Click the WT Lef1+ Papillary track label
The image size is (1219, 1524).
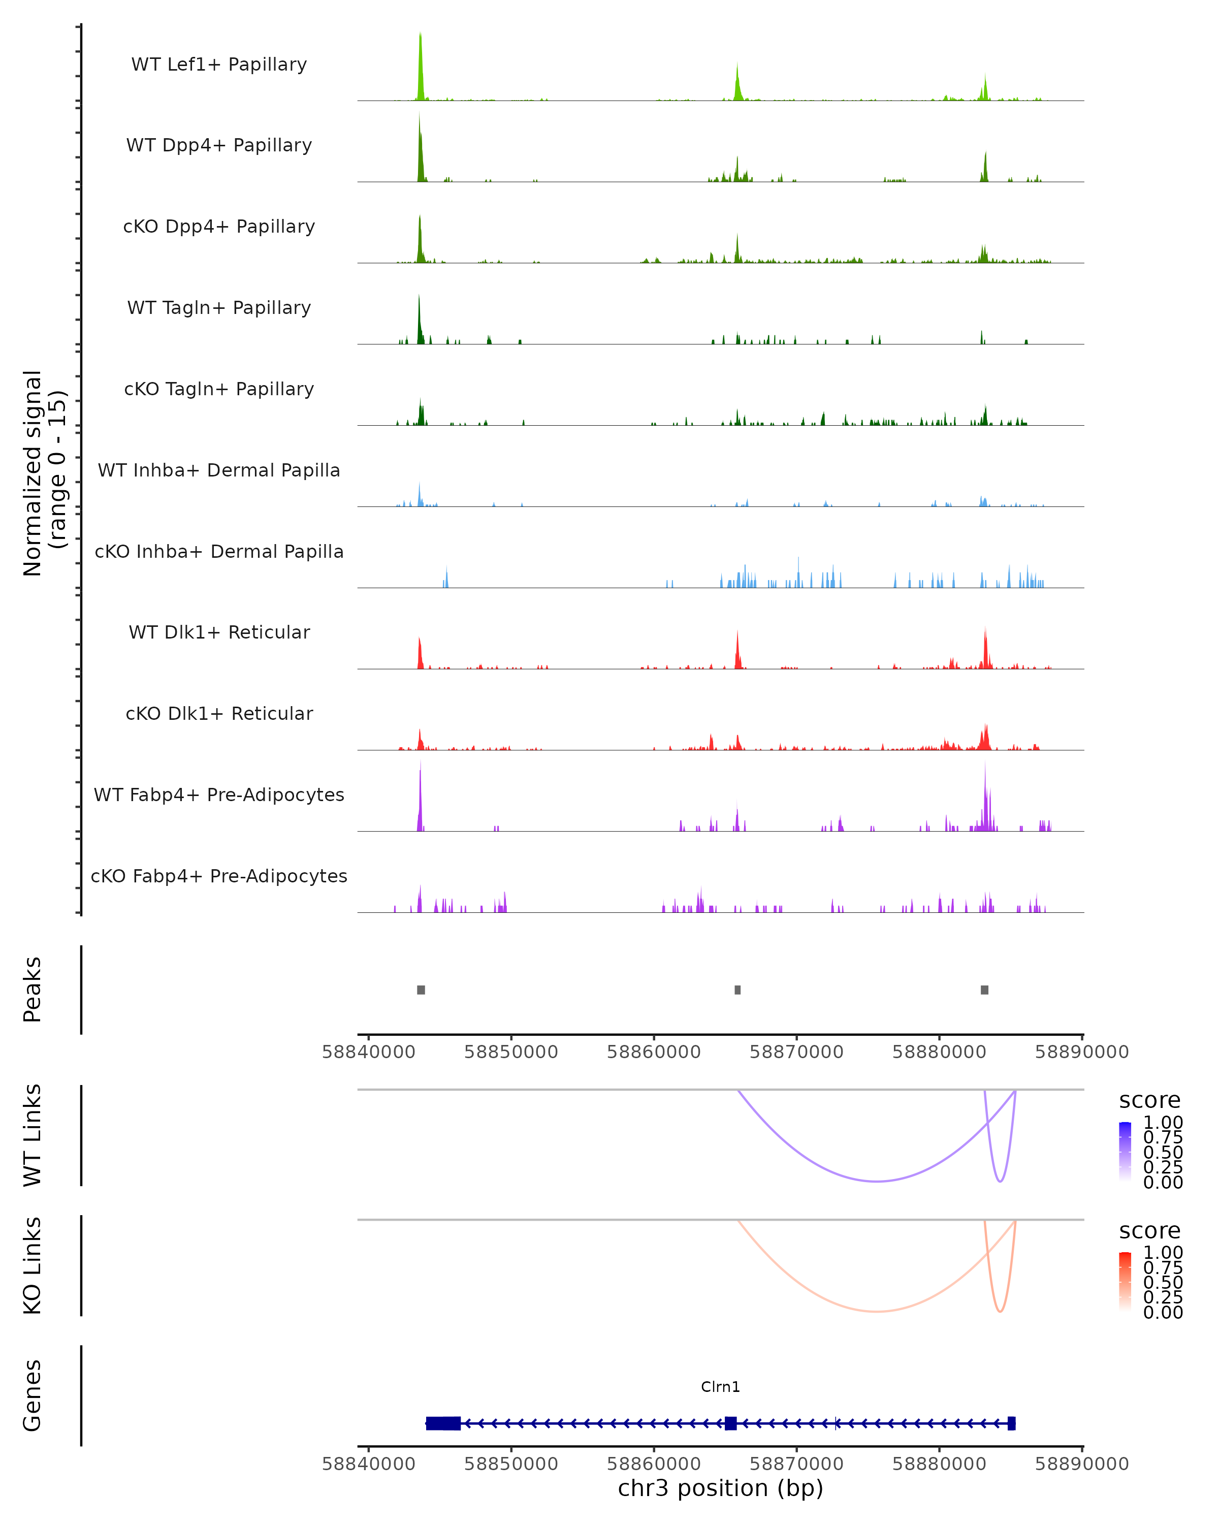(x=219, y=65)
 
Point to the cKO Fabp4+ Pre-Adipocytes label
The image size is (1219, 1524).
(x=219, y=876)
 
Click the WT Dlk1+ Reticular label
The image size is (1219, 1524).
(x=219, y=632)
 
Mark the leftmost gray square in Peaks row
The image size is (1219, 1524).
(x=421, y=990)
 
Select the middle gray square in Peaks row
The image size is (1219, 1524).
(x=738, y=990)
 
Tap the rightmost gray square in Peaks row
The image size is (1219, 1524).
(x=984, y=990)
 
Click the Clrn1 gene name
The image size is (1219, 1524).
(x=720, y=1387)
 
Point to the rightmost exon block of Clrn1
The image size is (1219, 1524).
(x=1011, y=1423)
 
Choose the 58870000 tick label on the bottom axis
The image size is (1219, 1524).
(x=796, y=1464)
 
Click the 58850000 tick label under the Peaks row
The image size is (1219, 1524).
(x=511, y=1052)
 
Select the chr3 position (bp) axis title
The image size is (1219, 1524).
(x=720, y=1488)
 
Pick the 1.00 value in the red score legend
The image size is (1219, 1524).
(x=1163, y=1253)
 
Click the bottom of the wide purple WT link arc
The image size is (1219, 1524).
(x=876, y=1181)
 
